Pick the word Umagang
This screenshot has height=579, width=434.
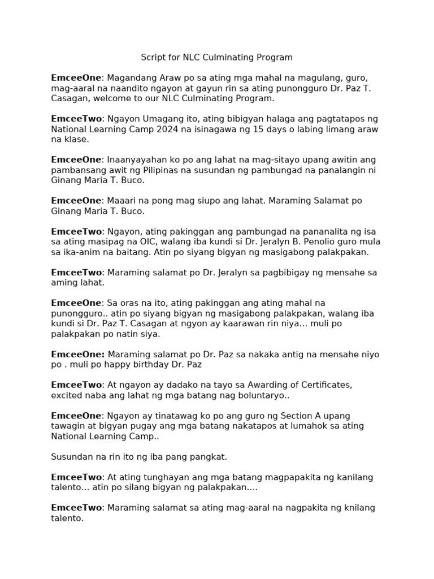[x=155, y=119]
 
